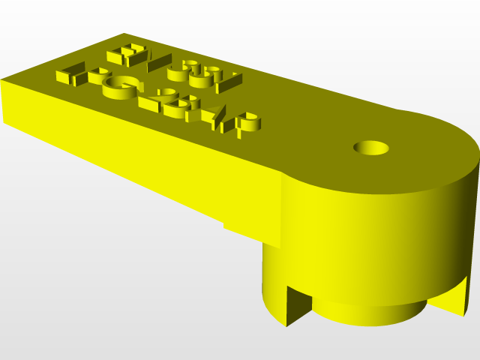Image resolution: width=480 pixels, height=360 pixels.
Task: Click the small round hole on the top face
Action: point(371,147)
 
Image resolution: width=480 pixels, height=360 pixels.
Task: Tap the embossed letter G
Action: point(120,88)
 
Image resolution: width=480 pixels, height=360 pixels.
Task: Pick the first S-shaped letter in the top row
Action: point(179,71)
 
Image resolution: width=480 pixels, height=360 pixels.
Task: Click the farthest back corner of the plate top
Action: point(124,34)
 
